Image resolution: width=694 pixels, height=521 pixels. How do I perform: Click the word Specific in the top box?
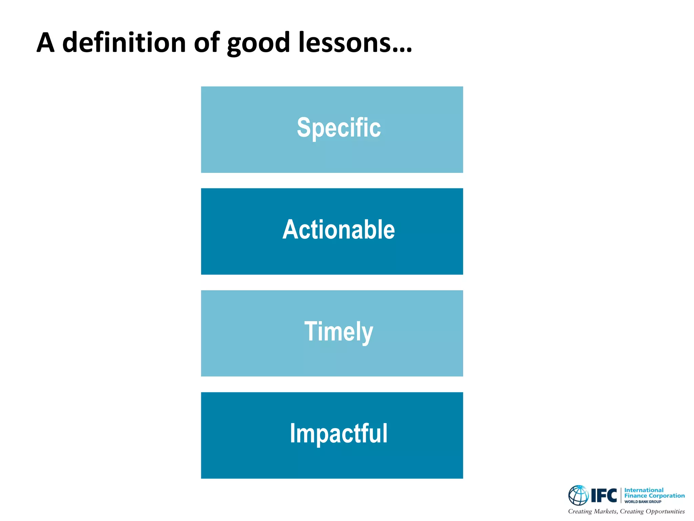click(x=339, y=128)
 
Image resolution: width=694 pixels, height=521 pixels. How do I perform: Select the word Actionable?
click(x=339, y=230)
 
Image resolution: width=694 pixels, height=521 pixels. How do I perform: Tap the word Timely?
click(x=339, y=331)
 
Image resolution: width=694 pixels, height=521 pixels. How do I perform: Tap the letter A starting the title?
click(x=45, y=43)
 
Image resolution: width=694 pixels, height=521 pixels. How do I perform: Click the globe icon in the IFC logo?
click(x=578, y=495)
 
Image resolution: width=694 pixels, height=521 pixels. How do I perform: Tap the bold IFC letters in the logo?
click(x=604, y=496)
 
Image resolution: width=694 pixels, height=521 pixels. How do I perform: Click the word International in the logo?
click(x=644, y=490)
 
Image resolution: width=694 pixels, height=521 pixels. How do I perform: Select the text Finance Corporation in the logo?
click(x=654, y=496)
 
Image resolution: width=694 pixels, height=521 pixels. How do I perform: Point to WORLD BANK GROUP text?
click(x=642, y=502)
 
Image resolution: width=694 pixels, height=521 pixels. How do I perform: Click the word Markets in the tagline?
click(x=606, y=511)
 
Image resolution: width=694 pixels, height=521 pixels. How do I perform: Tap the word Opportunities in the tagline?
click(x=665, y=512)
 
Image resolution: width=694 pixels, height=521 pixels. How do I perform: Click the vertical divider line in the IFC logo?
click(x=621, y=495)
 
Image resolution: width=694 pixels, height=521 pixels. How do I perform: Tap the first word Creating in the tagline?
click(x=580, y=512)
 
